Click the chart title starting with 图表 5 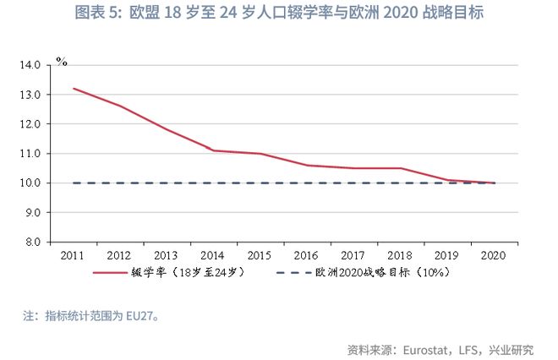tap(279, 14)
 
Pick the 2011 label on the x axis tap(74, 254)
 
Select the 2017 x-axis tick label tap(354, 254)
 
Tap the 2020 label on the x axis tap(495, 254)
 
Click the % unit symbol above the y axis tap(61, 61)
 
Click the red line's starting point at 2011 tap(74, 88)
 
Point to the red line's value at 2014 tap(214, 150)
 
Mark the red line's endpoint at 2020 tap(495, 183)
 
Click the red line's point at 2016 tap(308, 165)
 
